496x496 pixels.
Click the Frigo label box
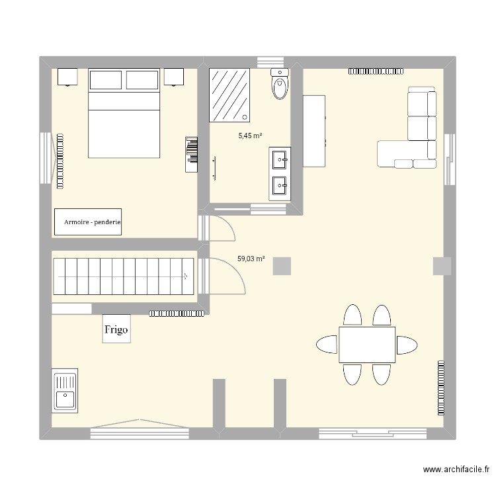click(116, 329)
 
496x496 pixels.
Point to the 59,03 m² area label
click(251, 259)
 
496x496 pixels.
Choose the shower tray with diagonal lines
click(230, 95)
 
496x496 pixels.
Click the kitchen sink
click(65, 392)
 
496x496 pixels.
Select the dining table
click(367, 345)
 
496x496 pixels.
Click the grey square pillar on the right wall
click(442, 266)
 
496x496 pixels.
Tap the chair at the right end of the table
click(406, 345)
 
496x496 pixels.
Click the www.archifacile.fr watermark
click(456, 470)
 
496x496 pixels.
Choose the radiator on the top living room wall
click(376, 70)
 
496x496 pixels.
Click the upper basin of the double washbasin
click(280, 158)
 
